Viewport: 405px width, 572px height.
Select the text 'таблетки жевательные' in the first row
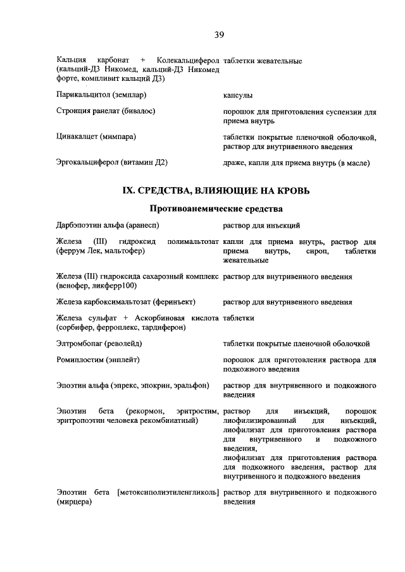tap(262, 61)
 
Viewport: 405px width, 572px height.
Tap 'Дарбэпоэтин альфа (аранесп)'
tap(108, 225)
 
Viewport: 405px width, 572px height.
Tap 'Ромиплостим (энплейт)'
tap(97, 360)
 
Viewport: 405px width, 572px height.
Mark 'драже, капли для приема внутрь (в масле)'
tap(296, 163)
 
